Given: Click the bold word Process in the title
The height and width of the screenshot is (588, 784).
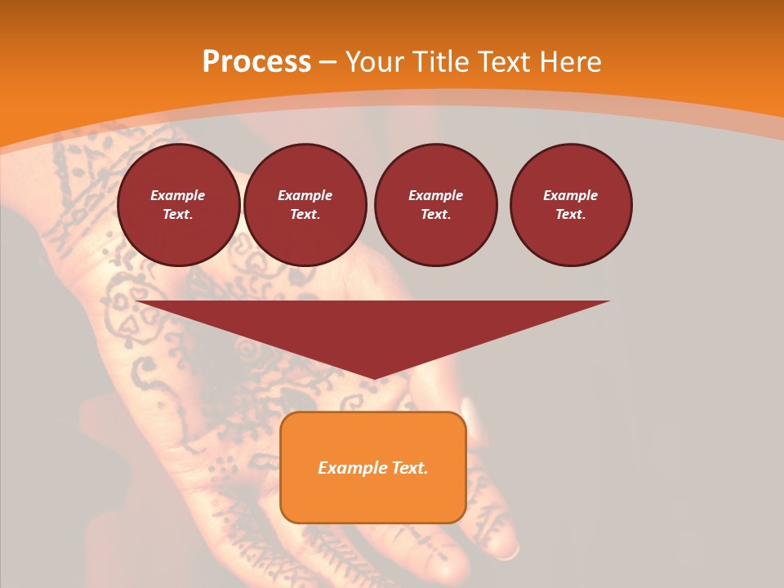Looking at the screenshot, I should click(x=256, y=62).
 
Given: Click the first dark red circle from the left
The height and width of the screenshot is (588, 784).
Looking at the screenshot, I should click(x=178, y=205).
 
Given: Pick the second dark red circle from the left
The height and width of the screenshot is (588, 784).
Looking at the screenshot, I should click(x=305, y=205).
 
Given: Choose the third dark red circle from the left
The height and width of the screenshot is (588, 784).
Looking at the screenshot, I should click(x=436, y=205).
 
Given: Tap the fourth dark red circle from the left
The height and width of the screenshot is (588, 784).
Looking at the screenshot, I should click(x=571, y=205).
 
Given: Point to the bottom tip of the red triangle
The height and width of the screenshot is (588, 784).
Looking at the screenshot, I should click(x=373, y=379).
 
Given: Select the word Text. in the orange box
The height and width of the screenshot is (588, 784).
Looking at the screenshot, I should click(x=408, y=468).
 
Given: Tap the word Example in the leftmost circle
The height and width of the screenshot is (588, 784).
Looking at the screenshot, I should click(x=178, y=195).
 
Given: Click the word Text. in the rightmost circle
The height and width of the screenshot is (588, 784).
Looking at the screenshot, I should click(x=571, y=215).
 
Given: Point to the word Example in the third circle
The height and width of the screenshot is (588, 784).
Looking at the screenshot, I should click(x=436, y=195).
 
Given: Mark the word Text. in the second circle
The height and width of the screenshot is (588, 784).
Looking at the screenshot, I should click(x=305, y=215).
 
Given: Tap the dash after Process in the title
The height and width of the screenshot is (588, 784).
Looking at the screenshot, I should click(x=327, y=63).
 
